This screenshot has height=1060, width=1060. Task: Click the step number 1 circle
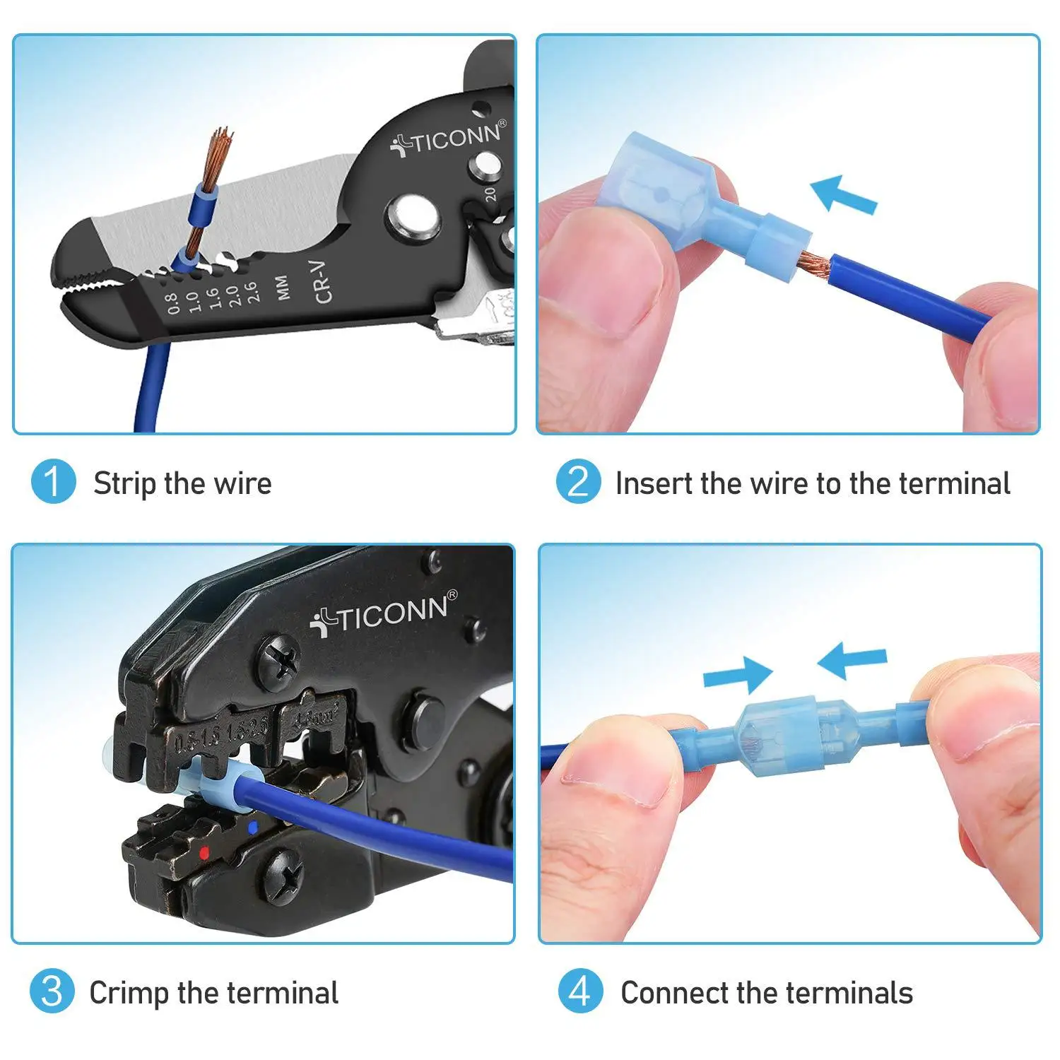coord(53,482)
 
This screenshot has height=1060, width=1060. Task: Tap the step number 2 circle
coord(578,482)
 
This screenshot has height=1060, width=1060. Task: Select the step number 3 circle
coord(52,991)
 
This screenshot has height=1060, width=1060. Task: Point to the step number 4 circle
coord(579,991)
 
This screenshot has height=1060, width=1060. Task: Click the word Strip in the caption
coord(124,483)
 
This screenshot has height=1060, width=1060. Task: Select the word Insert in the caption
coord(654,483)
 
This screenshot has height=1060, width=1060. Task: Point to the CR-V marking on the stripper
coord(322,282)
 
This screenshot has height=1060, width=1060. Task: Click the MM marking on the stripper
coord(283,287)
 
